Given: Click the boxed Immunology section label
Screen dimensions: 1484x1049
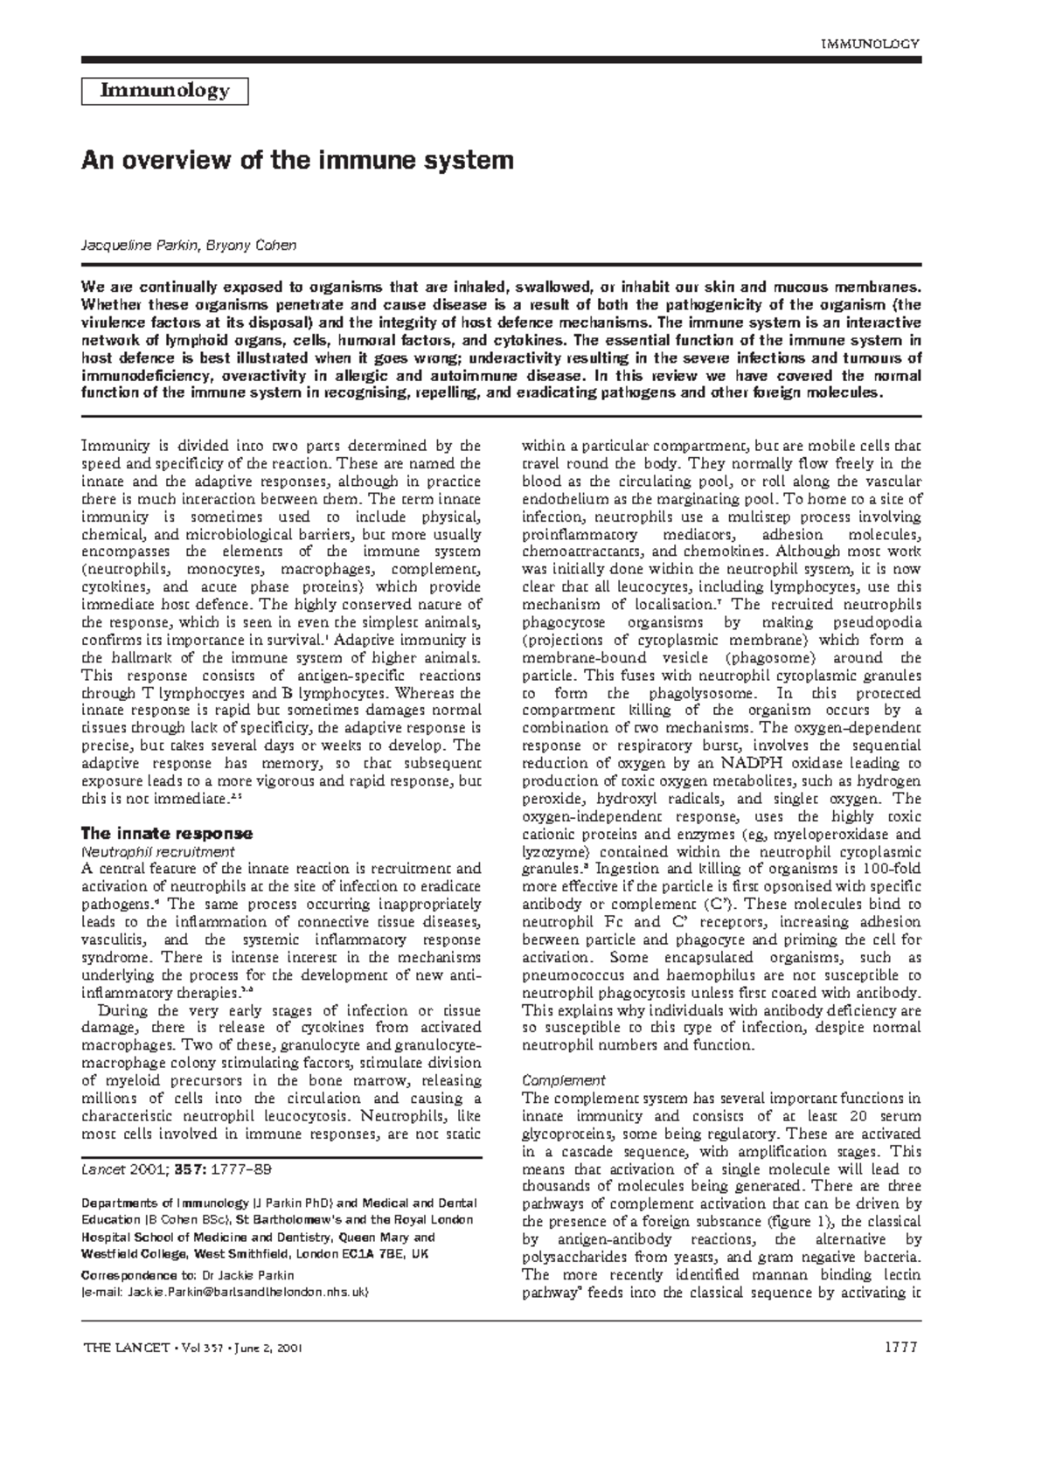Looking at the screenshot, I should pos(165,91).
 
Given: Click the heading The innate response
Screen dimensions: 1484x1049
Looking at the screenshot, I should pos(166,833).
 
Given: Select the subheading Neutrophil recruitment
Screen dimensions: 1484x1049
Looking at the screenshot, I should pos(156,851).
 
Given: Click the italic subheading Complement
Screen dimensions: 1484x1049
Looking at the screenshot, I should pos(563,1080).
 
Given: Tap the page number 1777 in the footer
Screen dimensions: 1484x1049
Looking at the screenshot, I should pos(900,1347).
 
